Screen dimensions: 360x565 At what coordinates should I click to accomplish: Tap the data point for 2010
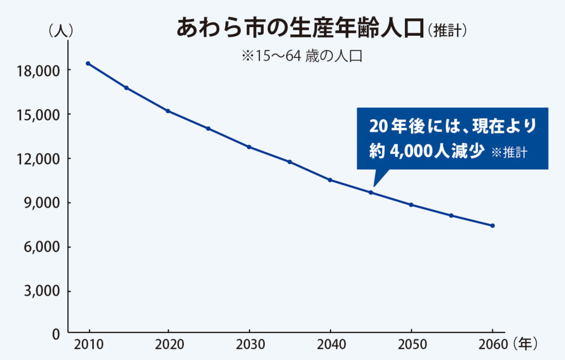click(88, 63)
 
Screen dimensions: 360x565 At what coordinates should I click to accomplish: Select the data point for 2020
click(168, 111)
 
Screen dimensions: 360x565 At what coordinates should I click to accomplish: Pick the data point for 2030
click(249, 147)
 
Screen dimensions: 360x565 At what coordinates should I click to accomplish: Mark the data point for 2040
click(330, 180)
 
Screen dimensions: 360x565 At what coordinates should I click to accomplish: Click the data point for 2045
click(371, 192)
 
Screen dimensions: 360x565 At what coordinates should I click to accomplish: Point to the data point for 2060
click(492, 225)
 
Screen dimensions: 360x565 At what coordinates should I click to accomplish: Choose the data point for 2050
click(411, 205)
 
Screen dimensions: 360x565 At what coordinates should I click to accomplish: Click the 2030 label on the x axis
click(249, 345)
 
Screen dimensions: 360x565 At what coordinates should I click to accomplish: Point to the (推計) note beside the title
click(446, 30)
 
